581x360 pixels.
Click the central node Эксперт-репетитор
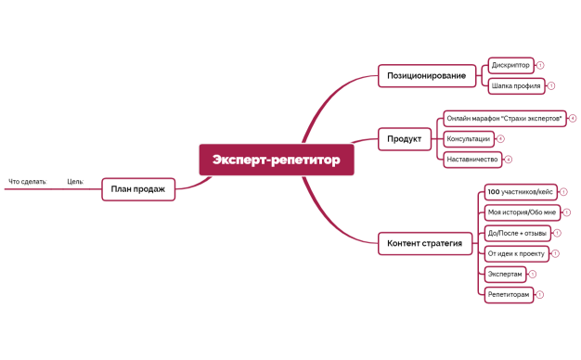276,160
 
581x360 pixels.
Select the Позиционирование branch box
426,74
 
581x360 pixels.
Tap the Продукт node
404,139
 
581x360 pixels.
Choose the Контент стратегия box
426,244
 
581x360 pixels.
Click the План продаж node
137,189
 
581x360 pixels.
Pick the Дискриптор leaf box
510,65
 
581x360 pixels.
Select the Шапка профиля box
515,85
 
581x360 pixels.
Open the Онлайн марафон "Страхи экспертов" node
504,118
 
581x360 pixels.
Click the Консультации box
468,138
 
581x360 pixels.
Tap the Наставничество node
472,160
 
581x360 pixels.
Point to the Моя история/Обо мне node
521,212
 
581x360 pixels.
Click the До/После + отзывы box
517,233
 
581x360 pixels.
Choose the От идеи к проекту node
515,253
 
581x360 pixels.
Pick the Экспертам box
505,274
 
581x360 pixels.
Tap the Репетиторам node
509,294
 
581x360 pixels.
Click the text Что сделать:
28,182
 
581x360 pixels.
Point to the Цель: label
75,182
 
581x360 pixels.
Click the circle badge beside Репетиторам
540,294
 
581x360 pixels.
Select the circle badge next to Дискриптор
540,65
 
